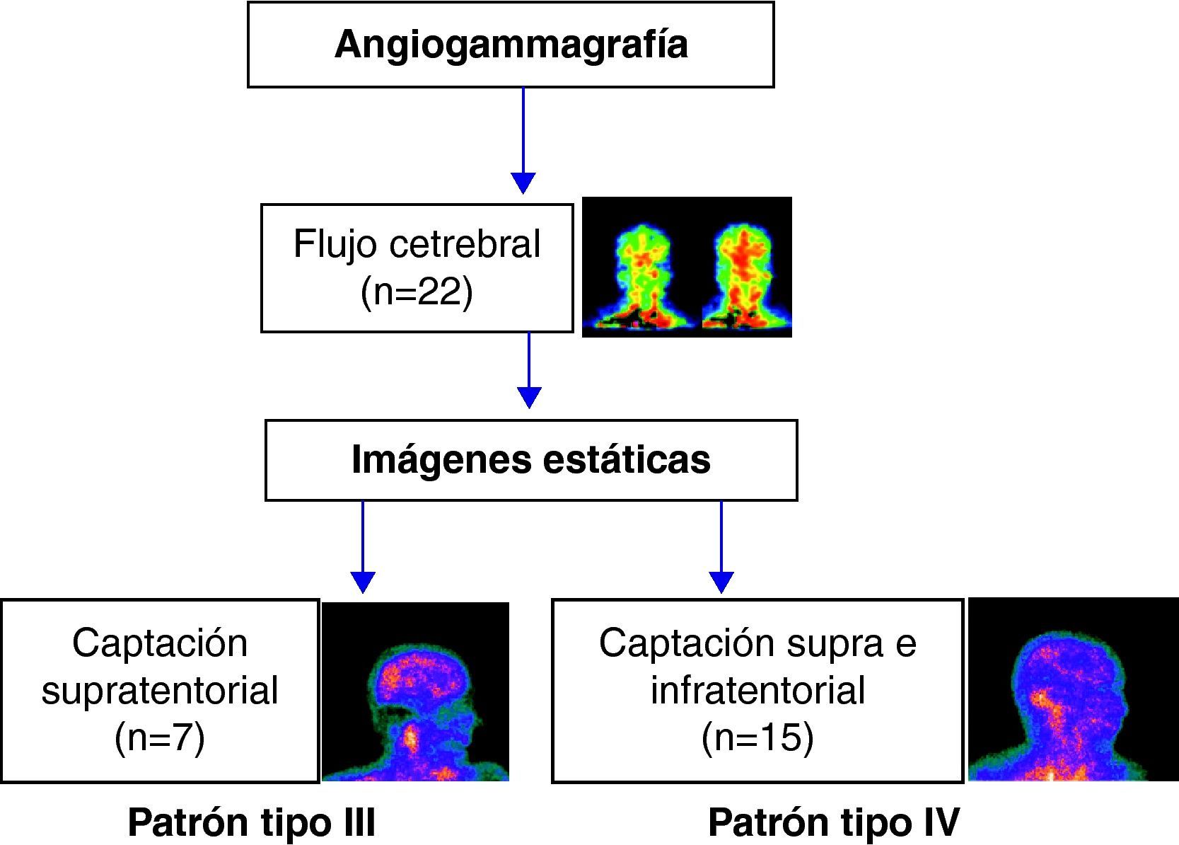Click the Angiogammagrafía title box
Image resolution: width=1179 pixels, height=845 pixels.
[x=511, y=45]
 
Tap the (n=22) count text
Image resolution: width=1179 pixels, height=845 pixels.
[x=417, y=291]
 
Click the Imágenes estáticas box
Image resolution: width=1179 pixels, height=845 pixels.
[x=531, y=460]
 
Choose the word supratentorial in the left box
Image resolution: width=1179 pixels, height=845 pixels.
[x=160, y=690]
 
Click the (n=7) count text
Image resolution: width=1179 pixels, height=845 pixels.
[x=160, y=737]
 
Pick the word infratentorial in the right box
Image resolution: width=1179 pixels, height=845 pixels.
[x=757, y=690]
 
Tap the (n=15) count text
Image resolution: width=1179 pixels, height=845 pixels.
[x=757, y=737]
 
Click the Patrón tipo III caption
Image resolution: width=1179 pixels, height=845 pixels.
[x=251, y=823]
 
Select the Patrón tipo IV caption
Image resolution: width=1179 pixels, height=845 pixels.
[x=833, y=823]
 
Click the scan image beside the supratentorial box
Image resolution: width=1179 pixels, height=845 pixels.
[x=416, y=691]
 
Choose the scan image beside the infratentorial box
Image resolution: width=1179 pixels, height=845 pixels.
[x=1073, y=690]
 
